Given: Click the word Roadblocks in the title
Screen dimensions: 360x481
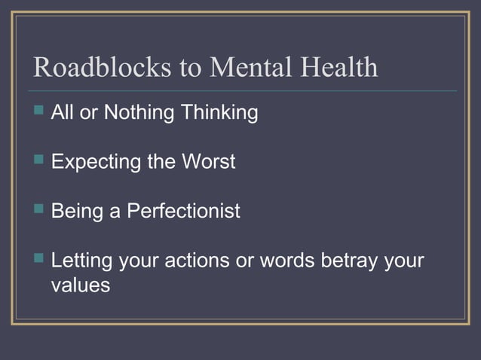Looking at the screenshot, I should pyautogui.click(x=103, y=69).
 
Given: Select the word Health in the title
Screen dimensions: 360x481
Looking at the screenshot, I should pyautogui.click(x=339, y=69).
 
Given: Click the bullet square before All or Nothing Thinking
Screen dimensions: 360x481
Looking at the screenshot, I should pyautogui.click(x=40, y=112).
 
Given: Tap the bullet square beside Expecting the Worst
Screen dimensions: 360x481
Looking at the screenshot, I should pyautogui.click(x=40, y=161).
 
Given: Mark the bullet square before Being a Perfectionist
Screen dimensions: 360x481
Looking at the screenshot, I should pyautogui.click(x=40, y=210).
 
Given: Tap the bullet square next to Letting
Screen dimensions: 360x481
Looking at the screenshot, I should pyautogui.click(x=40, y=259).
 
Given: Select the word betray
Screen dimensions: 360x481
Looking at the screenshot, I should pyautogui.click(x=349, y=261).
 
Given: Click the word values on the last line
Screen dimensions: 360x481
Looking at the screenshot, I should pyautogui.click(x=81, y=286).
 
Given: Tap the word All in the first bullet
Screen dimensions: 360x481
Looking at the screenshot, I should pyautogui.click(x=63, y=113).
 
